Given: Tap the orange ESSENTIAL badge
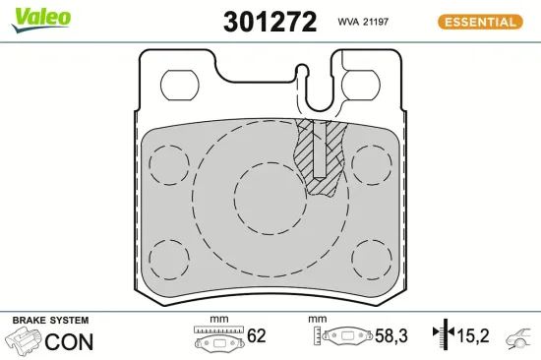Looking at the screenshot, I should [482, 21].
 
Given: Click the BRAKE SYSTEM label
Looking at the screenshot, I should [49, 321].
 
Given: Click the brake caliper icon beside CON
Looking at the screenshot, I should [25, 340].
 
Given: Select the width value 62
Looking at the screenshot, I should [257, 336].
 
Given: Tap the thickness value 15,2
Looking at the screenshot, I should [472, 336].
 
